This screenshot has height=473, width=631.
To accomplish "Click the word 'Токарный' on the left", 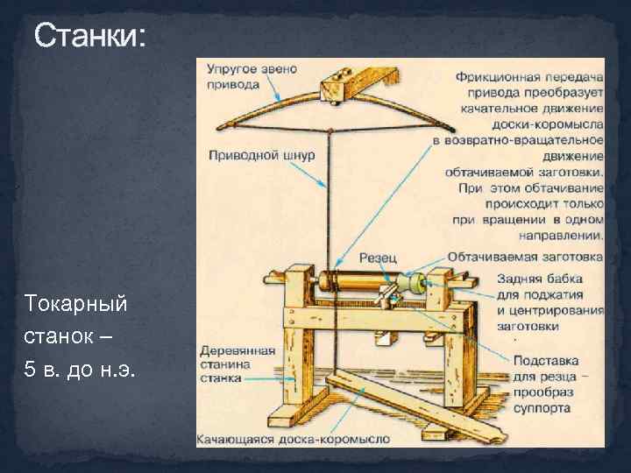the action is [x=76, y=304].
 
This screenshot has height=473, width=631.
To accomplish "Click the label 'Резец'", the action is [x=378, y=258].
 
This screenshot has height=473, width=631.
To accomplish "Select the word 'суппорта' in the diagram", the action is [x=542, y=408].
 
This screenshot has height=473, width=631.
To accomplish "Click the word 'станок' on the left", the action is [x=55, y=336].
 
